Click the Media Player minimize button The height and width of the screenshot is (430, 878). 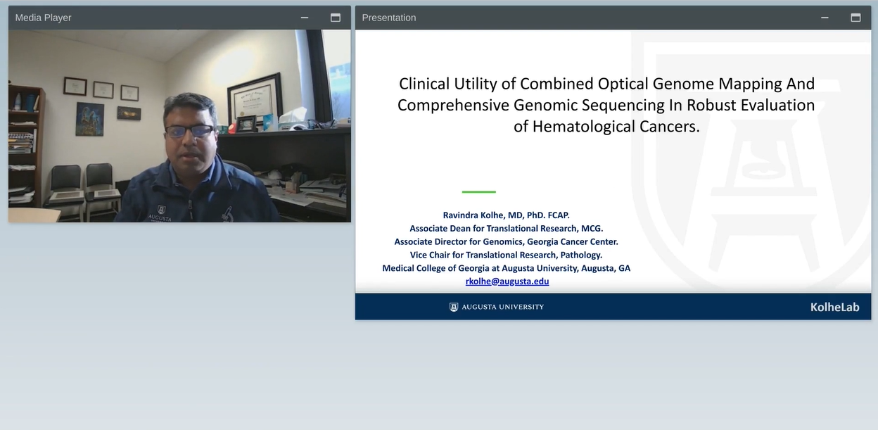click(x=305, y=18)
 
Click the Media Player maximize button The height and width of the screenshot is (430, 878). click(x=336, y=18)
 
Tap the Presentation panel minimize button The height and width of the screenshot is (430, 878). click(x=825, y=18)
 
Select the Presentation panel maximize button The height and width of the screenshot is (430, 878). click(x=855, y=18)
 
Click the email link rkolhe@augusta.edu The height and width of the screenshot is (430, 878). click(x=507, y=281)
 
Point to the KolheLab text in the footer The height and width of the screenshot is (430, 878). click(x=835, y=307)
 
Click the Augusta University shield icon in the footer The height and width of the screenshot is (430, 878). click(x=454, y=307)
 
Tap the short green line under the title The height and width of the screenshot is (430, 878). click(x=479, y=191)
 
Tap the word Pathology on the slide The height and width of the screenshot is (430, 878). click(x=581, y=255)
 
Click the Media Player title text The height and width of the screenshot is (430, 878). click(x=43, y=18)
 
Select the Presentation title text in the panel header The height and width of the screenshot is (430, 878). click(x=389, y=18)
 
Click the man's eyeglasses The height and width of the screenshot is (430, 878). click(x=189, y=131)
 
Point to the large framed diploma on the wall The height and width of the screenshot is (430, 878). click(x=255, y=99)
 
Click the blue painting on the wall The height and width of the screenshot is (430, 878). click(x=90, y=119)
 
